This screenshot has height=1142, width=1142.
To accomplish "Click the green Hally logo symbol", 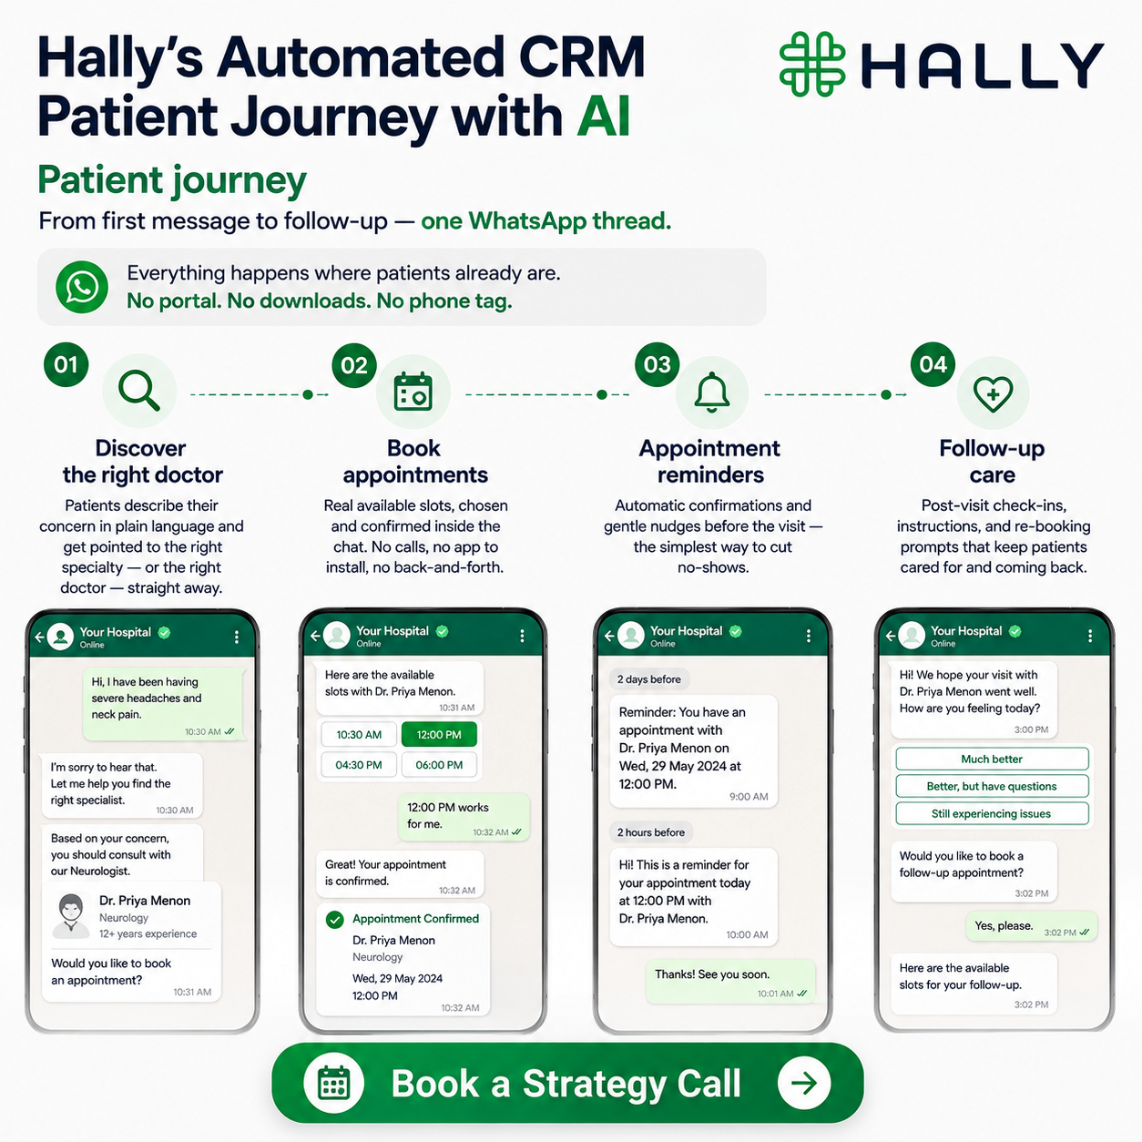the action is coord(812,64).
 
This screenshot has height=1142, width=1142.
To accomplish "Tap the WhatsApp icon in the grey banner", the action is coord(82,287).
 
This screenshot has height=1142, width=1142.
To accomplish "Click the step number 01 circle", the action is coord(66,364).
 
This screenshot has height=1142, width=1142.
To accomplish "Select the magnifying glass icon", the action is coord(139,391).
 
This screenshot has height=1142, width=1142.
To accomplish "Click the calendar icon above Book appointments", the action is coord(413,391).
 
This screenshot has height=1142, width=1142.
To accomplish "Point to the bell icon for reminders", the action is coord(712,392).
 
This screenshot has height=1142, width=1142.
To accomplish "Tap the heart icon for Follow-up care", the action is coord(994,393).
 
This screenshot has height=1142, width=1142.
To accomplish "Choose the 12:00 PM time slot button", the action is coord(439,734).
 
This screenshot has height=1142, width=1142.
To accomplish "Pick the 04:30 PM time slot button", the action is coord(359,764).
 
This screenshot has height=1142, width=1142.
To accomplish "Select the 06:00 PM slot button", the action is coord(439,764).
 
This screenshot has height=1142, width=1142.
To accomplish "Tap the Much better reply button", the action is coord(992,759).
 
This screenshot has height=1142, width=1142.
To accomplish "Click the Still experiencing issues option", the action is coord(992,813).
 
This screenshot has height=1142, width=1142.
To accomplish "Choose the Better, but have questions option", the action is coord(992,786).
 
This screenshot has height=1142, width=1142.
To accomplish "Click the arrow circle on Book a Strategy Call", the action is coord(804,1084).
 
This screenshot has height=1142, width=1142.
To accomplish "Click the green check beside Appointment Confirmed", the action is coord(335,919).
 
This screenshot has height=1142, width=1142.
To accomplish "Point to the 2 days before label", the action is coord(649,679).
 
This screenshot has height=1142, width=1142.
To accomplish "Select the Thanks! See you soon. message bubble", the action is coord(730,981).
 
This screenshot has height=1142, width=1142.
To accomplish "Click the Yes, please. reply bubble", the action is coord(1032,926).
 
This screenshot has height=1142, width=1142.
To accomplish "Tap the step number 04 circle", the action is coord(933,364).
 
